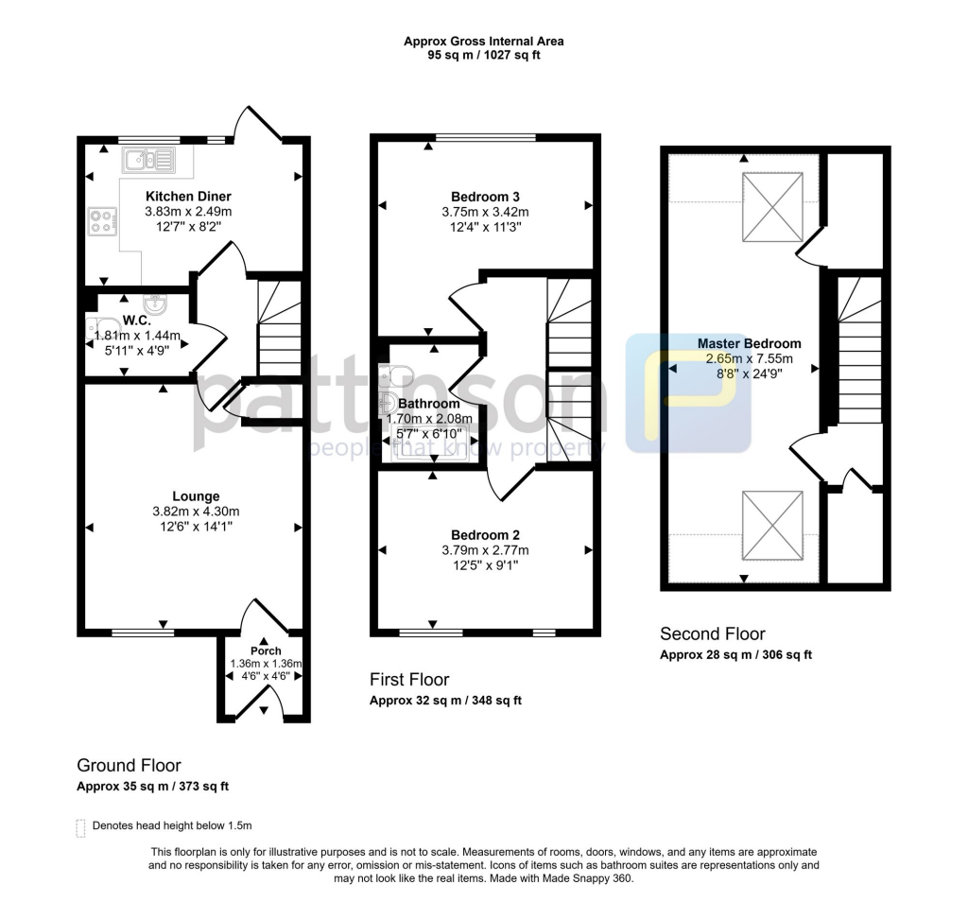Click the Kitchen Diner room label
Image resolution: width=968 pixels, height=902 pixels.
point(188,197)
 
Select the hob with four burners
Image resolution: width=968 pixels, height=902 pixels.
point(101,220)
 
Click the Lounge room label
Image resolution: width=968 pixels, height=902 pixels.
point(196,496)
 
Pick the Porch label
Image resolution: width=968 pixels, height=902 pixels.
point(266,650)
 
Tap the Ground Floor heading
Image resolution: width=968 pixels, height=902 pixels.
point(129,766)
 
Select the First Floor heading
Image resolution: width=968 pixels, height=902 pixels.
point(408,680)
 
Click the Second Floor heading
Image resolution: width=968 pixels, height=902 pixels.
point(713,634)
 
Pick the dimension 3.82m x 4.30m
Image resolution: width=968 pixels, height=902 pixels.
point(196,512)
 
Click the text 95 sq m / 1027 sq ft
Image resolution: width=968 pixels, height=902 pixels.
point(484,56)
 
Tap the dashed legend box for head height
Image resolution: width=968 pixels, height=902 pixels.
point(80,827)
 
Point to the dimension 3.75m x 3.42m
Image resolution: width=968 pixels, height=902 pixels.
point(486,212)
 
